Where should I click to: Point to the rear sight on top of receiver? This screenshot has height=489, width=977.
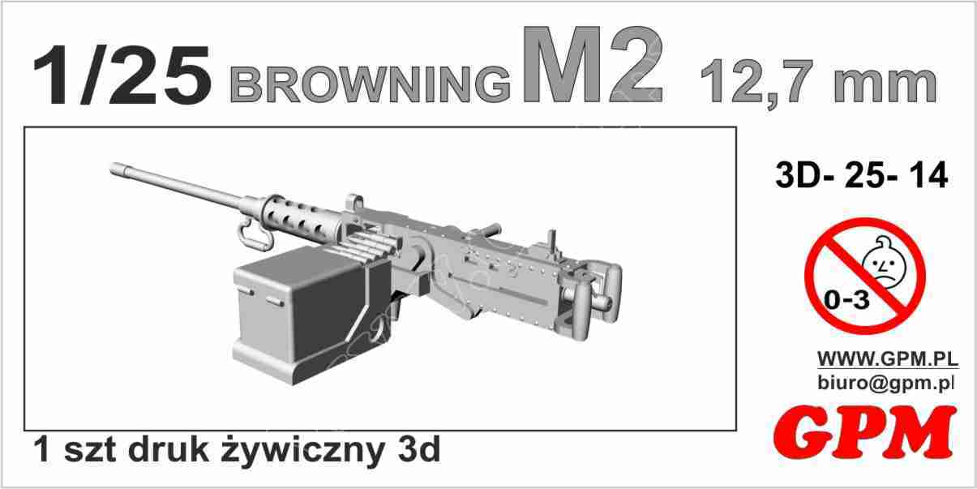click(552, 241)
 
